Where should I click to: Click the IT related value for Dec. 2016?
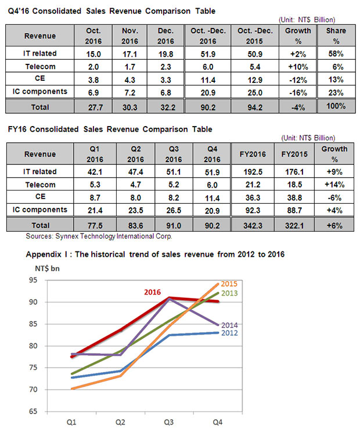pyautogui.click(x=165, y=54)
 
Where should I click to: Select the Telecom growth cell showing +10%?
pyautogui.click(x=298, y=67)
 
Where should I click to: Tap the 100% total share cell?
pyautogui.click(x=336, y=106)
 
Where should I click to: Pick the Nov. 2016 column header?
pyautogui.click(x=129, y=36)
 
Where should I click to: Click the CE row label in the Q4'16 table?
pyautogui.click(x=40, y=78)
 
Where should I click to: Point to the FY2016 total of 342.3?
pyautogui.click(x=253, y=226)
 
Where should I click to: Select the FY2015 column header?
pyautogui.click(x=294, y=154)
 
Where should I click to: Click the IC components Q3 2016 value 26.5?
pyautogui.click(x=174, y=210)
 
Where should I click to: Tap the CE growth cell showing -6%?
pyautogui.click(x=334, y=197)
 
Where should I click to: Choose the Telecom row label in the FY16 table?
pyautogui.click(x=41, y=185)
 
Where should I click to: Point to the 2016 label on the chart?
pyautogui.click(x=152, y=292)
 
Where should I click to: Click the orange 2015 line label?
pyautogui.click(x=229, y=284)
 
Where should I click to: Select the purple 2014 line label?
pyautogui.click(x=229, y=325)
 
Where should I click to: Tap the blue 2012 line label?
pyautogui.click(x=229, y=333)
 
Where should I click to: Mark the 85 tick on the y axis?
pyautogui.click(x=33, y=324)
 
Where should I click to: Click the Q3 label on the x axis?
pyautogui.click(x=168, y=422)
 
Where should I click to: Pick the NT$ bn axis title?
pyautogui.click(x=47, y=269)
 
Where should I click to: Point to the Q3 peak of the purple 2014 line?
pyautogui.click(x=169, y=298)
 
